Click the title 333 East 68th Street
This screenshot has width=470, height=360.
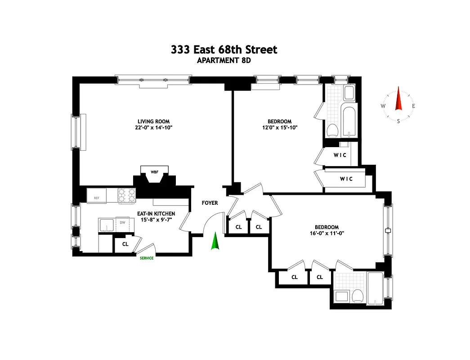pyautogui.click(x=224, y=49)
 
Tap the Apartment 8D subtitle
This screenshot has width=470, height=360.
pyautogui.click(x=224, y=61)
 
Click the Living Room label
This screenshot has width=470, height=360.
pyautogui.click(x=152, y=121)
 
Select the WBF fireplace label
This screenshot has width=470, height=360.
pyautogui.click(x=154, y=172)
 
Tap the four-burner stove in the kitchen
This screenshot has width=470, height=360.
pyautogui.click(x=127, y=195)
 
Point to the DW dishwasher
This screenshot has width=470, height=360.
pyautogui.click(x=122, y=222)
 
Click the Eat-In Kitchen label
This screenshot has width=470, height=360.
pyautogui.click(x=156, y=214)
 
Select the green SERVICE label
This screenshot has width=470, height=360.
pyautogui.click(x=147, y=258)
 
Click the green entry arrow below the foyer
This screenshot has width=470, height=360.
pyautogui.click(x=215, y=241)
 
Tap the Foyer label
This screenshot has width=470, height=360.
pyautogui.click(x=210, y=203)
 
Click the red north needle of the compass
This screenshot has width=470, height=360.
pyautogui.click(x=398, y=99)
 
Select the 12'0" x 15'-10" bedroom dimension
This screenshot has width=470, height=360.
pyautogui.click(x=279, y=127)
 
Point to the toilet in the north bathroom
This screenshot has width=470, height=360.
pyautogui.click(x=332, y=131)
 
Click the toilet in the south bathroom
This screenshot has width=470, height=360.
pyautogui.click(x=358, y=296)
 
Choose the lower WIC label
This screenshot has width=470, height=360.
pyautogui.click(x=346, y=179)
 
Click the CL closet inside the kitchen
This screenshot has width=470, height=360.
pyautogui.click(x=125, y=244)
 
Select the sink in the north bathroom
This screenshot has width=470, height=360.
pyautogui.click(x=349, y=93)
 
